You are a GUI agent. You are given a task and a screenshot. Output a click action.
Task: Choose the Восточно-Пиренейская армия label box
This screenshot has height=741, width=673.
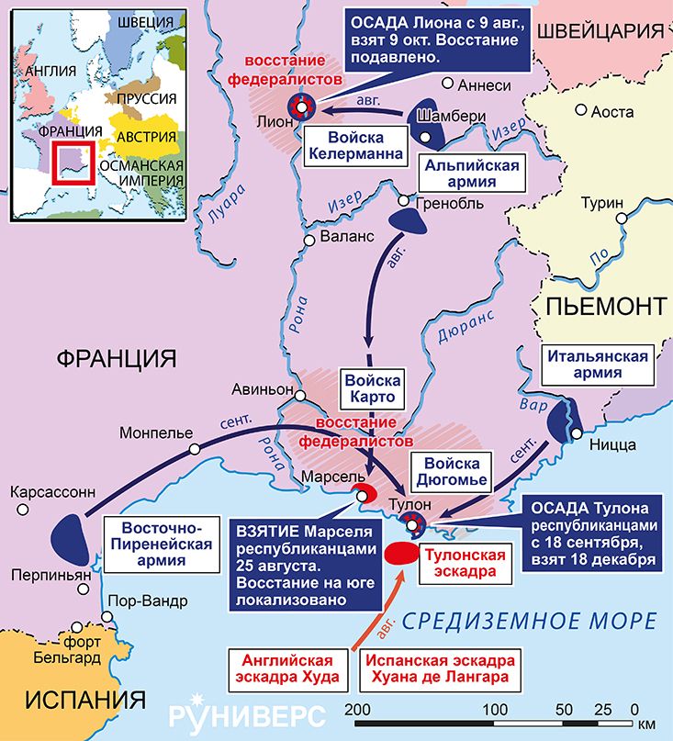tap(158, 542)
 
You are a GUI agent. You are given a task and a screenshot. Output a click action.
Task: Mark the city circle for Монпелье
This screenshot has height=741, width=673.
tap(195, 449)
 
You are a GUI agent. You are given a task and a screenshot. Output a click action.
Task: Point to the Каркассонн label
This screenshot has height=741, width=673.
tap(52, 492)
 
